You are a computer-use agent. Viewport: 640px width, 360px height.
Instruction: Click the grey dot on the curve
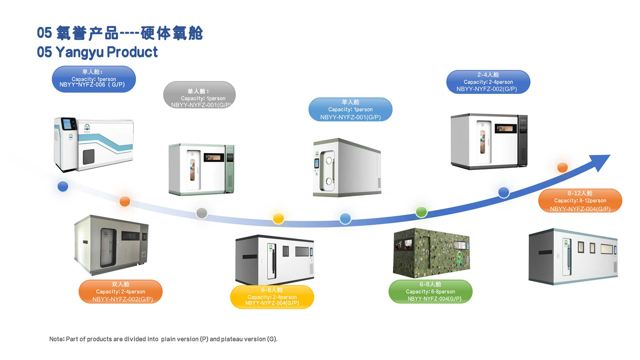click(202, 213)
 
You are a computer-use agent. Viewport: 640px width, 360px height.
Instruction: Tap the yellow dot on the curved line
click(278, 218)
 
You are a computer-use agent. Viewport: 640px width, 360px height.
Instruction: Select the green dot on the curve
click(421, 212)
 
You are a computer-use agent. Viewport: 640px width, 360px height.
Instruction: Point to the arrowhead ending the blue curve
click(601, 162)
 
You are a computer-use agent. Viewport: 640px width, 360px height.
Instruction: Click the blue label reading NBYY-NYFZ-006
click(94, 79)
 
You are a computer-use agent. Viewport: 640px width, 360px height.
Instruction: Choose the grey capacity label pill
click(199, 95)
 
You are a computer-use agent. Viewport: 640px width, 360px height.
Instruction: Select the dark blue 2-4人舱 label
click(488, 82)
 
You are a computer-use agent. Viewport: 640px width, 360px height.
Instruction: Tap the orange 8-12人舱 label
click(580, 200)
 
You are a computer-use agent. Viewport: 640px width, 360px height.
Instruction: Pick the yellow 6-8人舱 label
click(272, 297)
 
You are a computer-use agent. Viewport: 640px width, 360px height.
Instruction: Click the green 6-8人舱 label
click(431, 291)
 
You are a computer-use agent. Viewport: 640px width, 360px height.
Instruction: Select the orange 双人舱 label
click(121, 291)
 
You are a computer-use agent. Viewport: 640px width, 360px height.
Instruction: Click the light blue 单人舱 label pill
click(351, 109)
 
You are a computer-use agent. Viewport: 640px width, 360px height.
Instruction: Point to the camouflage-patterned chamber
click(432, 253)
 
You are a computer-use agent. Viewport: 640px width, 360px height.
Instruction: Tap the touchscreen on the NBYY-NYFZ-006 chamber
click(69, 124)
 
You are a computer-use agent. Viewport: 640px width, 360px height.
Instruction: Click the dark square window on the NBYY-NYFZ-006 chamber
click(89, 157)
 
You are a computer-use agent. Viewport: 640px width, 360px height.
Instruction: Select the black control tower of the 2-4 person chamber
click(522, 140)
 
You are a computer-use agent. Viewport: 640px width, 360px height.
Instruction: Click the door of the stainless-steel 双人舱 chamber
click(108, 248)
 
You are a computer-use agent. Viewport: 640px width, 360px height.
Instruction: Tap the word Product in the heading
click(132, 52)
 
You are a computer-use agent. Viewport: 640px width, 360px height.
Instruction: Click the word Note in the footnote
click(56, 339)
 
